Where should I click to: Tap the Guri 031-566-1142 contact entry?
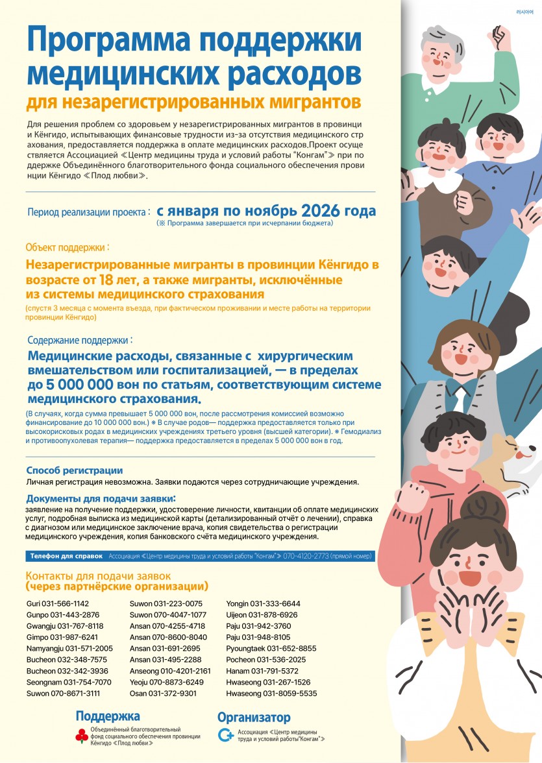(x=58, y=603)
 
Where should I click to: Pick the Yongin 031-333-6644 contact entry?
(x=263, y=603)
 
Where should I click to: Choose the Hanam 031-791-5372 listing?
(x=262, y=671)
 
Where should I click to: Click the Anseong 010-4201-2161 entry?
(x=171, y=671)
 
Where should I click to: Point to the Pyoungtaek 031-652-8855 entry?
(x=271, y=648)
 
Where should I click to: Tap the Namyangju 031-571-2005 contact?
(x=69, y=648)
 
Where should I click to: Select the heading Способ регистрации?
(x=74, y=470)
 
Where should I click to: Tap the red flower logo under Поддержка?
(x=81, y=736)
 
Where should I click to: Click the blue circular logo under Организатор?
(x=226, y=735)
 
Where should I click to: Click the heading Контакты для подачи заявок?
(x=97, y=575)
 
